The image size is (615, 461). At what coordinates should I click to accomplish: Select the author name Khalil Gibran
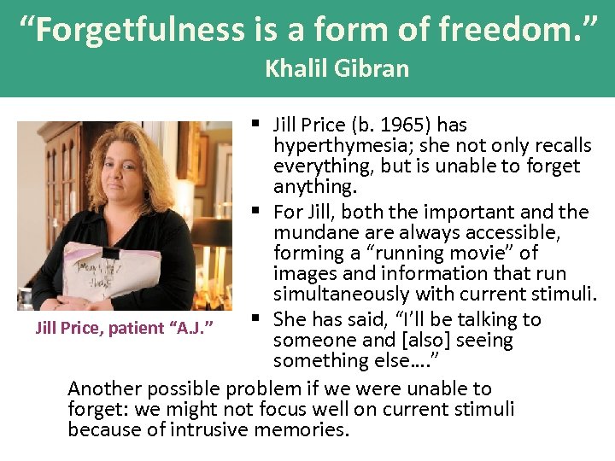(337, 68)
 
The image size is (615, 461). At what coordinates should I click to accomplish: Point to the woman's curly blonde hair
(137, 162)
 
